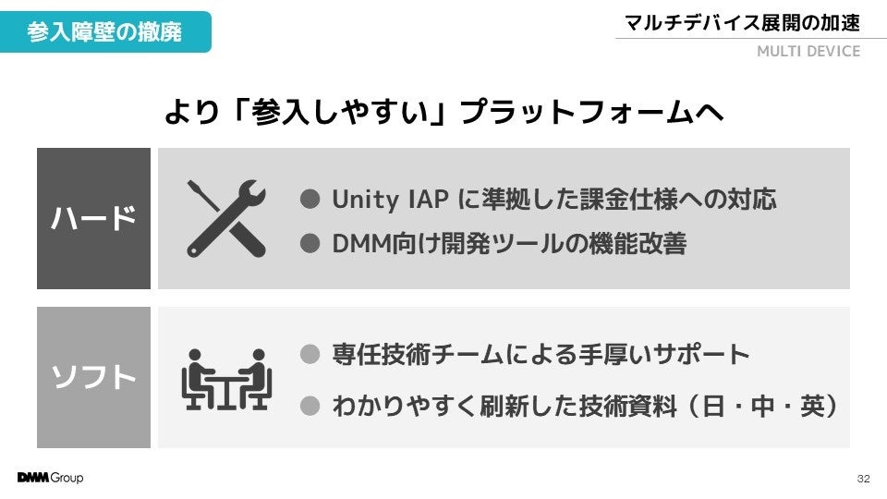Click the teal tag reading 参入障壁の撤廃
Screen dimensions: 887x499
pyautogui.click(x=104, y=31)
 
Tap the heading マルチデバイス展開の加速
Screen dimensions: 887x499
pyautogui.click(x=742, y=23)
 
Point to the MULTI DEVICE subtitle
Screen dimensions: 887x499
pyautogui.click(x=808, y=52)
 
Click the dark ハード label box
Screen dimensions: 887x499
pyautogui.click(x=93, y=219)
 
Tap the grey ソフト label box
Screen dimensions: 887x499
pyautogui.click(x=93, y=378)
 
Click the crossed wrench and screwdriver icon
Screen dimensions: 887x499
pyautogui.click(x=226, y=218)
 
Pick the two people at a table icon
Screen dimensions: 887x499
pyautogui.click(x=225, y=378)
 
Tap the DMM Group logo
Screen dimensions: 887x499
pyautogui.click(x=50, y=478)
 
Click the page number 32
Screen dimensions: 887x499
pyautogui.click(x=864, y=479)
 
